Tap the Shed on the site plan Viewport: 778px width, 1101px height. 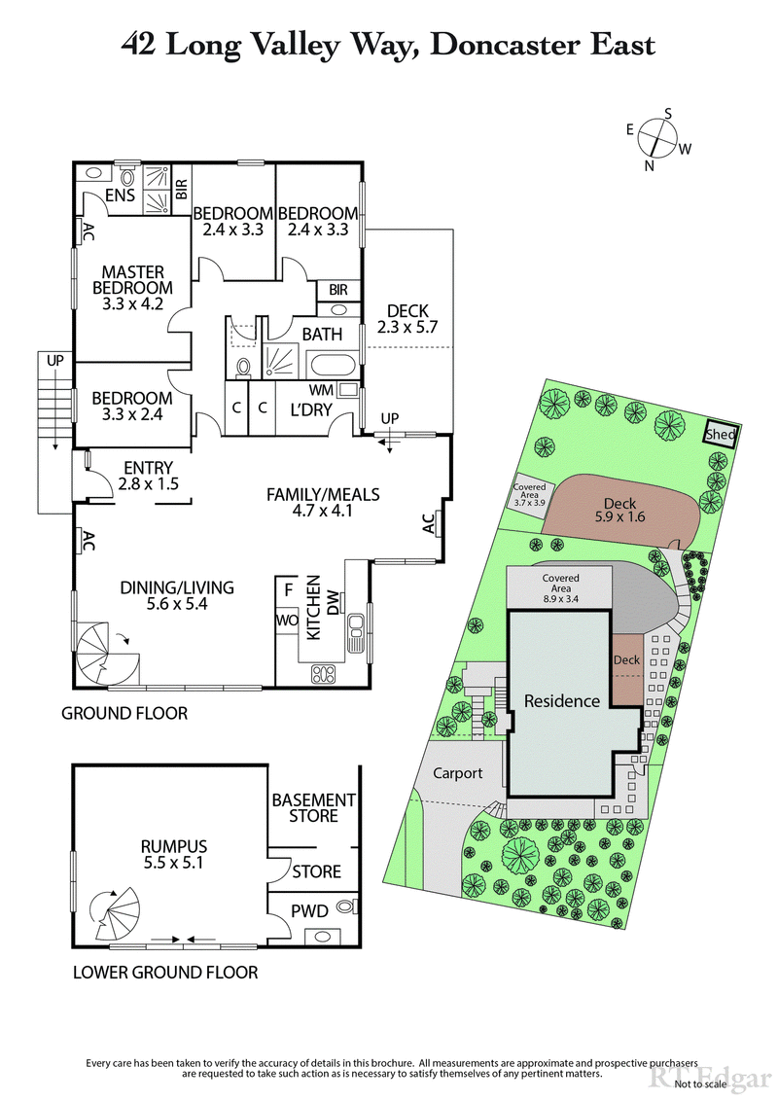click(x=722, y=436)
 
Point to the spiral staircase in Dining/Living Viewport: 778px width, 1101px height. click(x=107, y=656)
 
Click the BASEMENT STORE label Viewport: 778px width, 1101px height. click(x=313, y=808)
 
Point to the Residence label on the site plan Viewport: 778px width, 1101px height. click(x=561, y=700)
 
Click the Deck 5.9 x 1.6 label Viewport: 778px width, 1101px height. click(x=619, y=511)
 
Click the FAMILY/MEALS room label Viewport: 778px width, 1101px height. click(x=323, y=503)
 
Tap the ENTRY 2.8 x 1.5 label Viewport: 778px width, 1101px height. click(x=148, y=475)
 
